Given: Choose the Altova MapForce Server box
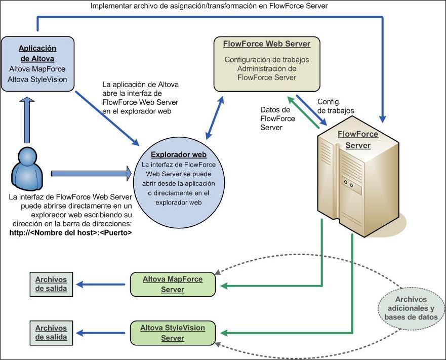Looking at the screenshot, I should tap(172, 284).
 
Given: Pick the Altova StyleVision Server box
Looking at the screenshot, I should tap(172, 333).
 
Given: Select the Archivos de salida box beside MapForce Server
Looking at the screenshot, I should tap(51, 284).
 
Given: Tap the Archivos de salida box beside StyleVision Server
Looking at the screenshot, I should tap(51, 333).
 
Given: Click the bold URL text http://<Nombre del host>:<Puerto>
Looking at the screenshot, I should tap(71, 233).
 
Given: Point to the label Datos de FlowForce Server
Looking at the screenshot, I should tap(275, 118).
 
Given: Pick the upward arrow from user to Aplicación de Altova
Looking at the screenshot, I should tap(25, 122).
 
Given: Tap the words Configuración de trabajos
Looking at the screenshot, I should tap(266, 60).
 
